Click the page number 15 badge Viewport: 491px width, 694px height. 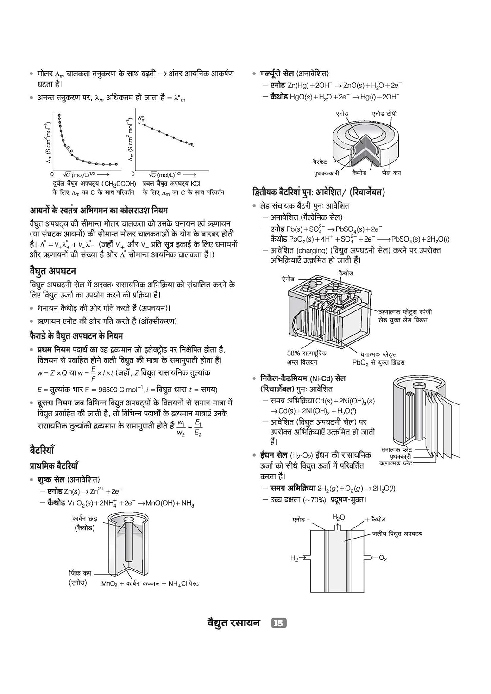[278, 623]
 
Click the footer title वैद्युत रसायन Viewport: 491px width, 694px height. [233, 623]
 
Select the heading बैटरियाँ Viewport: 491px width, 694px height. [42, 450]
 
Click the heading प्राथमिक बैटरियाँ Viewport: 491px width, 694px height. [54, 465]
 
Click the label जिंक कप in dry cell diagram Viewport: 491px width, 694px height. [80, 573]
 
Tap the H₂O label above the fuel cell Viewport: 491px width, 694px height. [338, 517]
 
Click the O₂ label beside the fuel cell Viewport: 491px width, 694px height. [383, 558]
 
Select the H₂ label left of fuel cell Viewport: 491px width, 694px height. [294, 558]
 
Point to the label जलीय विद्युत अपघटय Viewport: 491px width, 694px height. [397, 533]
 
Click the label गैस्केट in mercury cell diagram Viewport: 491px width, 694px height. [320, 162]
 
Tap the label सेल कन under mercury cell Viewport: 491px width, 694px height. [391, 173]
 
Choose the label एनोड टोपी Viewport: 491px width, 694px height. [384, 113]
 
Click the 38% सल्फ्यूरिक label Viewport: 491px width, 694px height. [303, 353]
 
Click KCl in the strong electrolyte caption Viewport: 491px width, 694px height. [195, 184]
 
